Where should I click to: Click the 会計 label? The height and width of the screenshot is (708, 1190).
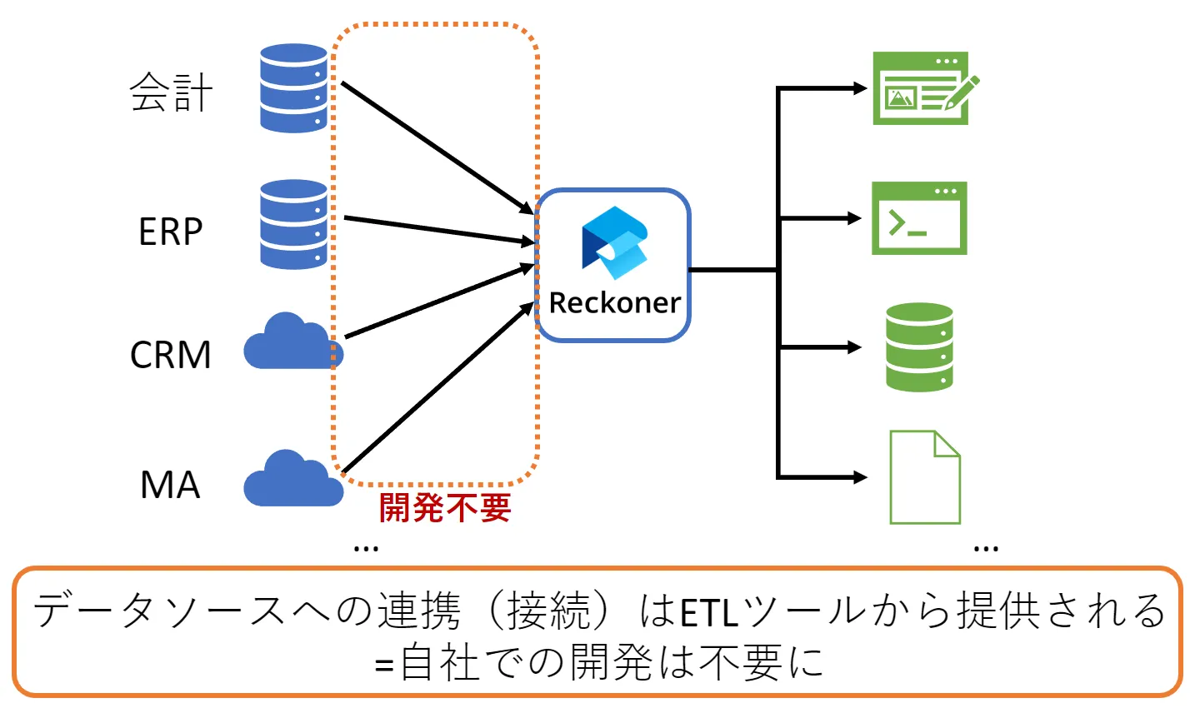pyautogui.click(x=171, y=92)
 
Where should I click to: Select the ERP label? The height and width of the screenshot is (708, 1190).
pyautogui.click(x=171, y=231)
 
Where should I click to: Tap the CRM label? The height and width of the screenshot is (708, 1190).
pyautogui.click(x=171, y=355)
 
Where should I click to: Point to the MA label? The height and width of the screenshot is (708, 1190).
pyautogui.click(x=170, y=485)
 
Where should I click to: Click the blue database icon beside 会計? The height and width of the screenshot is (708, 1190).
pyautogui.click(x=293, y=88)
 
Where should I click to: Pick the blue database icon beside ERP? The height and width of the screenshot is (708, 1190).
pyautogui.click(x=293, y=224)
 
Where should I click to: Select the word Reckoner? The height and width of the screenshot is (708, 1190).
pyautogui.click(x=615, y=302)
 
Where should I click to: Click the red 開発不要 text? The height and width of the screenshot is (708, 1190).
pyautogui.click(x=445, y=507)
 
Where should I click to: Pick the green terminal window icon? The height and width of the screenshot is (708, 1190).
pyautogui.click(x=919, y=218)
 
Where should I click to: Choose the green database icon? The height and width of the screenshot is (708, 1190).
pyautogui.click(x=919, y=347)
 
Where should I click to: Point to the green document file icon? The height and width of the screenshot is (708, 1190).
pyautogui.click(x=925, y=477)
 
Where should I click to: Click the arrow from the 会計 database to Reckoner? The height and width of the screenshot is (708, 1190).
pyautogui.click(x=437, y=147)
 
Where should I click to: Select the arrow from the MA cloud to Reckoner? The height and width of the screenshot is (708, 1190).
pyautogui.click(x=437, y=388)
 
